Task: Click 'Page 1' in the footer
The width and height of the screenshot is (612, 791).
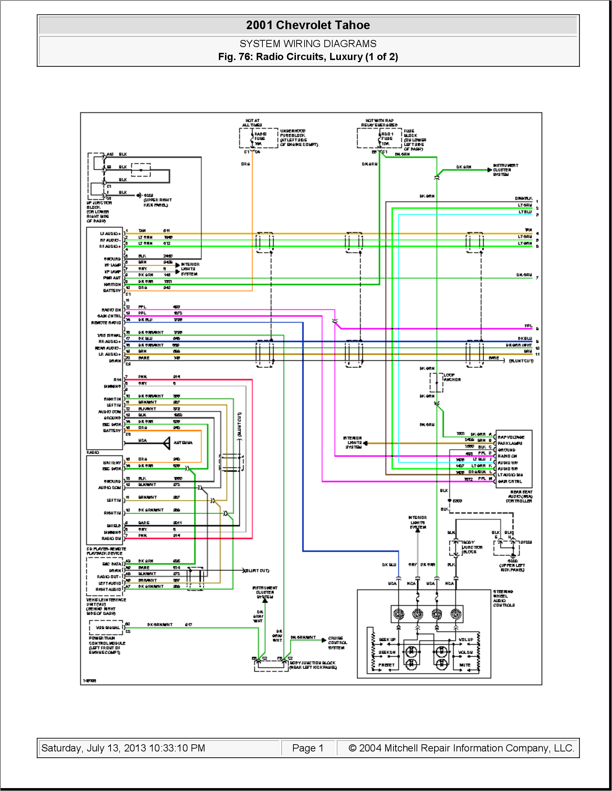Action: click(307, 748)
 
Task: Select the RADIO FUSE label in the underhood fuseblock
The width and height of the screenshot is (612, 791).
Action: click(260, 136)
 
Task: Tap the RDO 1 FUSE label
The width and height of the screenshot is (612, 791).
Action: click(387, 136)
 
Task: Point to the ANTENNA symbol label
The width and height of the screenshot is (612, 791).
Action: click(183, 443)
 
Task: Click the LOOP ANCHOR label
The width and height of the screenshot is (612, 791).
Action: click(452, 378)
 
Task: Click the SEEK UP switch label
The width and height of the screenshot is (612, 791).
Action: click(387, 640)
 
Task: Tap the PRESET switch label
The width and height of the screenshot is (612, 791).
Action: click(386, 665)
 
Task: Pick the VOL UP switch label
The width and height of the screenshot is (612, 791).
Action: click(466, 640)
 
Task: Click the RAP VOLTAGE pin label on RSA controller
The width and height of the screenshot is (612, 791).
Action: click(511, 437)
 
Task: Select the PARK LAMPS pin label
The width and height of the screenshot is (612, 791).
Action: click(510, 443)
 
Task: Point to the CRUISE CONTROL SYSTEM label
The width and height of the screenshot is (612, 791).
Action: click(337, 643)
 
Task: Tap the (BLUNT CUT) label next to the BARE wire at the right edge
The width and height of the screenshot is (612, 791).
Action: click(521, 361)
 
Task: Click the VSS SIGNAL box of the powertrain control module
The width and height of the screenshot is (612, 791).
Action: click(107, 627)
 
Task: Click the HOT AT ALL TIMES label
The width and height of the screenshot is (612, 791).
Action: click(252, 123)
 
